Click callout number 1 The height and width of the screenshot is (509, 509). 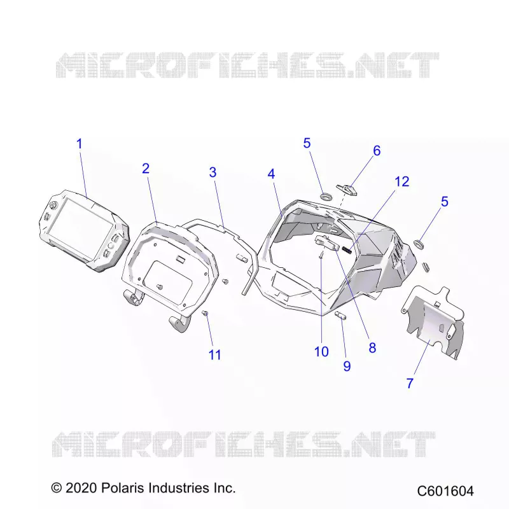tap(79, 144)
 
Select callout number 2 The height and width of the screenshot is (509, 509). tap(146, 169)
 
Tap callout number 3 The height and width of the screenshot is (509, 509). tap(213, 172)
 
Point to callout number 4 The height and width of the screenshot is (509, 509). tap(272, 174)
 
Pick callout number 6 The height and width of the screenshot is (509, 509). tap(377, 151)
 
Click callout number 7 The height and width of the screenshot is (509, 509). tap(410, 384)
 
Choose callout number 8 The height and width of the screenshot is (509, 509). tap(372, 347)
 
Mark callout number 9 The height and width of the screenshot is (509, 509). tap(347, 366)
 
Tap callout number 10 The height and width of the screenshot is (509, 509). tap(321, 352)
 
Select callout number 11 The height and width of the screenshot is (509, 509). tap(214, 355)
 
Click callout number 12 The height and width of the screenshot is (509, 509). tap(402, 182)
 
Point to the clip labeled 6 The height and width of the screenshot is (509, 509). tap(347, 189)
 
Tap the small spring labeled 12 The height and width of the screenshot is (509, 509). tap(347, 249)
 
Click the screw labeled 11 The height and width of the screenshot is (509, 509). tap(205, 313)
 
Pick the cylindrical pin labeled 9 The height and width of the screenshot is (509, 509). tap(340, 316)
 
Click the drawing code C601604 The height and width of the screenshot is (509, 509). tap(445, 491)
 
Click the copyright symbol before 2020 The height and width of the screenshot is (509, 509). tap(57, 488)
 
